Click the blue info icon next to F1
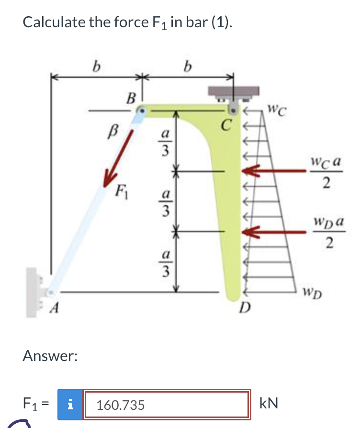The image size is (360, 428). pos(69,405)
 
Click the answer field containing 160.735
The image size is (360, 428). pos(167,405)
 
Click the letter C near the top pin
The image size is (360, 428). pos(225,126)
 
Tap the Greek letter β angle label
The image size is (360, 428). pos(114,129)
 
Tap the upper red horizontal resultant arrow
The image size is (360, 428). pos(266,171)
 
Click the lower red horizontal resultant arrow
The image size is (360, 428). pos(266,232)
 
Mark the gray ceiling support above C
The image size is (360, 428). pos(233,92)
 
